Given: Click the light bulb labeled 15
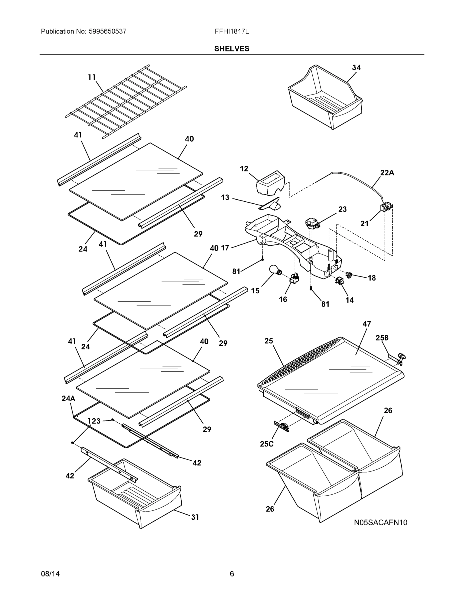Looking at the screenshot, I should (274, 269).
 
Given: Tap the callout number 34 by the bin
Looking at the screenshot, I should (356, 67).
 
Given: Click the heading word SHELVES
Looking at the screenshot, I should (232, 49).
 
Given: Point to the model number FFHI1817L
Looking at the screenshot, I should (232, 31).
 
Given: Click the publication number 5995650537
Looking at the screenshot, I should (108, 31).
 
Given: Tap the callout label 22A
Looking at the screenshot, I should (387, 173).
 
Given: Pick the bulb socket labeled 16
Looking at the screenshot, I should (294, 279).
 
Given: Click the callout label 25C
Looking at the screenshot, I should (267, 444).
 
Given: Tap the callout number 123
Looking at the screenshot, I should (94, 421).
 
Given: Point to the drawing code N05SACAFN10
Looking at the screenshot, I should (380, 522).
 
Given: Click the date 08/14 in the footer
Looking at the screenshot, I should (50, 574).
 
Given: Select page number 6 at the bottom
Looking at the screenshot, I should (232, 574).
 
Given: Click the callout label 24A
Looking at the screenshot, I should (68, 399).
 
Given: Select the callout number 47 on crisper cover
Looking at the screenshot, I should (367, 324).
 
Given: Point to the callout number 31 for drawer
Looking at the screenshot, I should (195, 517).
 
